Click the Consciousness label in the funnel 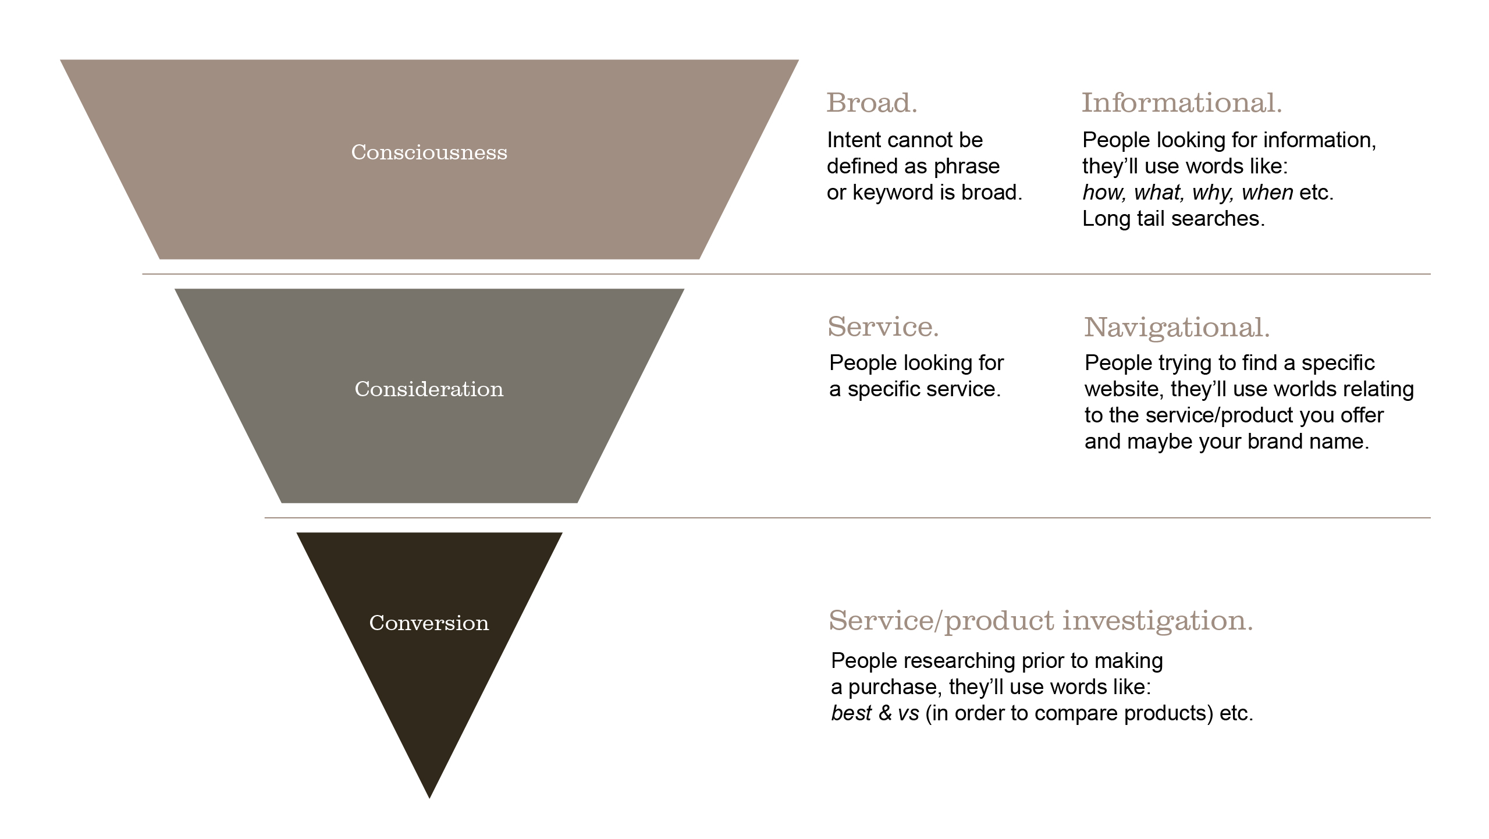point(429,152)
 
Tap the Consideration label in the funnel point(429,389)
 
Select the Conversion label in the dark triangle point(429,623)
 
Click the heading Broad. point(872,103)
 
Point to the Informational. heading point(1182,103)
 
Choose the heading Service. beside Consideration point(883,326)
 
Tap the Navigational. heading point(1177,327)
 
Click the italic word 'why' point(1213,193)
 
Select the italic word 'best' point(852,713)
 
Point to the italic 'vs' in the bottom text point(908,714)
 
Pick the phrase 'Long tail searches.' point(1174,219)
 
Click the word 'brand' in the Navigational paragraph point(1277,442)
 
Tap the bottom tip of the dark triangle point(429,798)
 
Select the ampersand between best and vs point(885,713)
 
